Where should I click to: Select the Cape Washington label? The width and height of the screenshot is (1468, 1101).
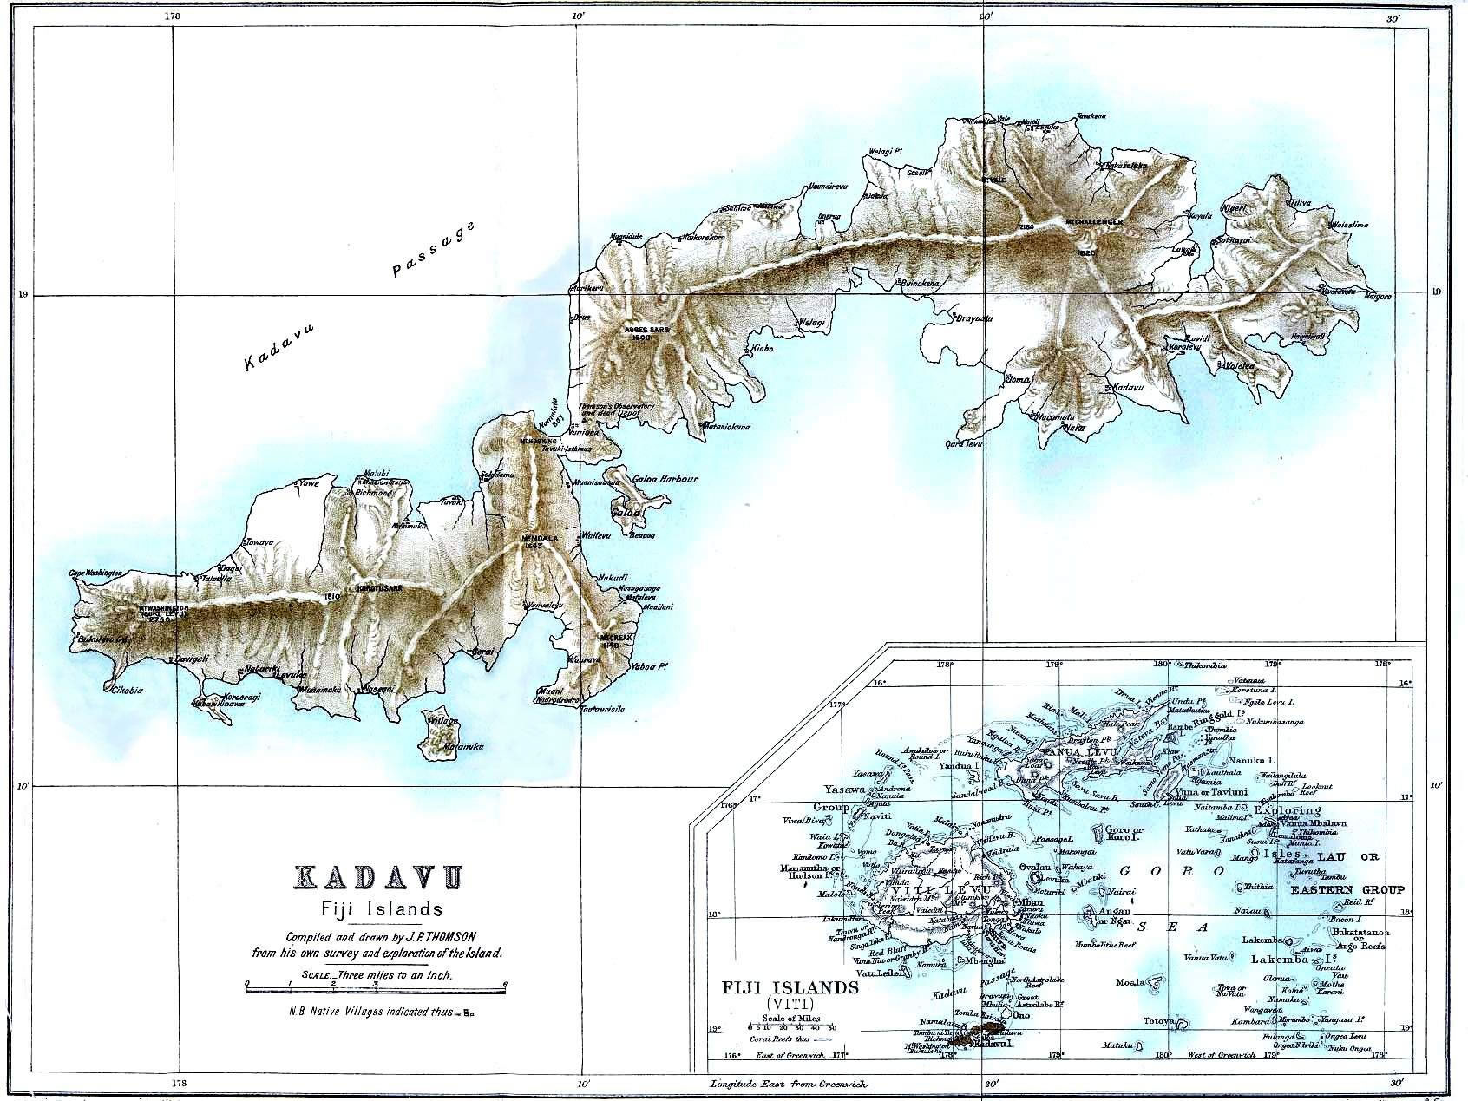pyautogui.click(x=95, y=573)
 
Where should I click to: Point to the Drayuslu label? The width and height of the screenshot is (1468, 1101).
pyautogui.click(x=973, y=318)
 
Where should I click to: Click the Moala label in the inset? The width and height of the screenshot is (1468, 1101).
pyautogui.click(x=1132, y=982)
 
